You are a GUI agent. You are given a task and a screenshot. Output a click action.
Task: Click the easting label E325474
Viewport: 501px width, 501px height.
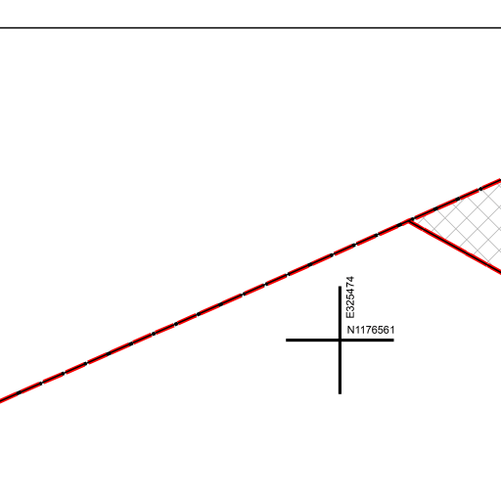coord(350,297)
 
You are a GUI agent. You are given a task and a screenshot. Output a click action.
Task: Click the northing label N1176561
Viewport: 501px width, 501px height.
coord(371,330)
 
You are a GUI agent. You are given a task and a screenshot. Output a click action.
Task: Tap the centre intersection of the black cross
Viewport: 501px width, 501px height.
coord(340,341)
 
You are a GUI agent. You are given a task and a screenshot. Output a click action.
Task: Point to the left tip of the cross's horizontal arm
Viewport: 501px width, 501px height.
coord(287,341)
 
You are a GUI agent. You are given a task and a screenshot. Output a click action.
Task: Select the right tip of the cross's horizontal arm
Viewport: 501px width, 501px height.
coord(393,341)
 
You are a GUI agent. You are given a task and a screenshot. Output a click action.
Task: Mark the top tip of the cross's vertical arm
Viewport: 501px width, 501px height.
coord(340,287)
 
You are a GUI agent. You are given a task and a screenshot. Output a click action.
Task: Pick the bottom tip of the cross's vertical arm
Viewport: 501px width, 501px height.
coord(340,393)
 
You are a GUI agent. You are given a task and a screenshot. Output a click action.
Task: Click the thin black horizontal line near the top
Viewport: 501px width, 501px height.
coord(250,27)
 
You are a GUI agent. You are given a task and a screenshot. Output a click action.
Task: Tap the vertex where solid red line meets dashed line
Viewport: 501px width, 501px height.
coord(409,221)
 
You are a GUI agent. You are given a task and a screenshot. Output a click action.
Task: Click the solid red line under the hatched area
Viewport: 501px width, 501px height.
coord(455,248)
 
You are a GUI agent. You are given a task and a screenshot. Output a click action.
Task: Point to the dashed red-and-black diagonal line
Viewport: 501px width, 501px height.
coord(250,291)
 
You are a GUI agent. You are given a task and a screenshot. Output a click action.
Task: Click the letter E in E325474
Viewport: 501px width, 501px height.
coord(350,315)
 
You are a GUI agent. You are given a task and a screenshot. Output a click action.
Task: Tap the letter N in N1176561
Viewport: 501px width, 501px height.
coord(350,330)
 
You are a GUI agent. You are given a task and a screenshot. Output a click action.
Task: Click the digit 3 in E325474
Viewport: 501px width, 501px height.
coord(350,309)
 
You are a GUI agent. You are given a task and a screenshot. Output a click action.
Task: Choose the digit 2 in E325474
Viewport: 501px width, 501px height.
coord(350,303)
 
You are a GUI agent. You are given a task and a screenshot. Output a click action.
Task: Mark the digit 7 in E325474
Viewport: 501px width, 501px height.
coord(350,285)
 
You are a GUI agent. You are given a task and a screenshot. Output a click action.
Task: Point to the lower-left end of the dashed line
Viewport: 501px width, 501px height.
coord(0,401)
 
